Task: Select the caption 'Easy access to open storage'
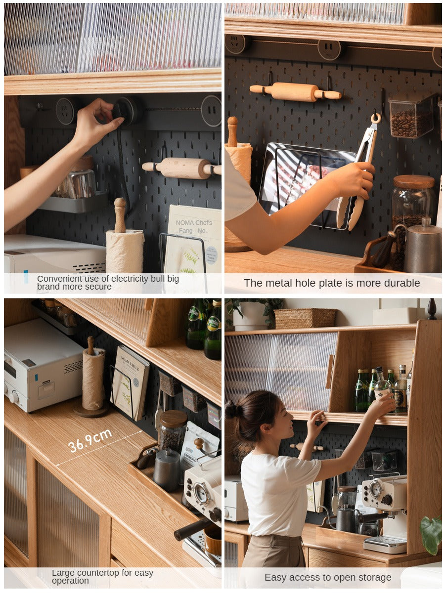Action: (x=327, y=577)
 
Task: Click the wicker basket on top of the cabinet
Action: (x=305, y=318)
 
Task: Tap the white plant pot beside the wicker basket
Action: (x=250, y=316)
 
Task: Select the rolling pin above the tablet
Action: (x=295, y=91)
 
